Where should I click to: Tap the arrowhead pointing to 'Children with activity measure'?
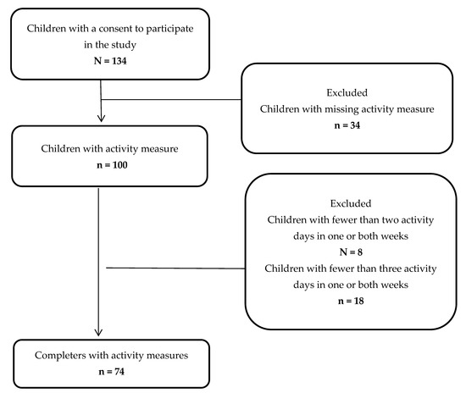pos(102,119)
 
